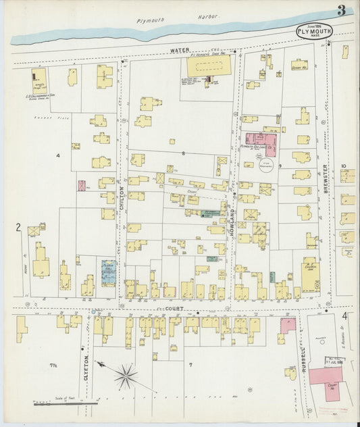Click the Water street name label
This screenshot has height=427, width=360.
pos(178,50)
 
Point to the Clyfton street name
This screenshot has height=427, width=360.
pos(86,368)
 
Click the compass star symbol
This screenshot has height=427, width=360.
pos(125,376)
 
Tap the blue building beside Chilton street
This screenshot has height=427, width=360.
pos(108,273)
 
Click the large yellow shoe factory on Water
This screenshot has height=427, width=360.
pos(208,66)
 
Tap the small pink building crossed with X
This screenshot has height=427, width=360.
pos(82,185)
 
